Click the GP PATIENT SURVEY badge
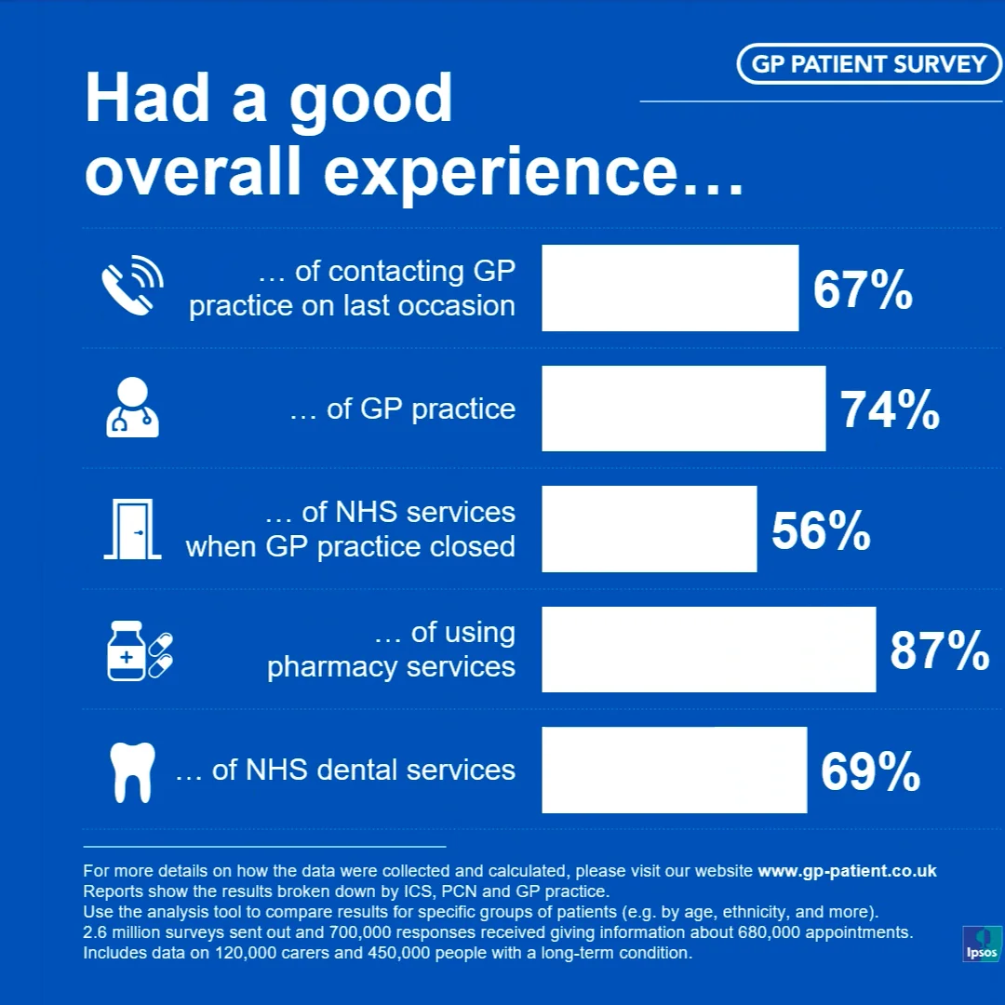pyautogui.click(x=868, y=63)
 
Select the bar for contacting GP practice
pyautogui.click(x=670, y=288)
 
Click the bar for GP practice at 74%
pyautogui.click(x=683, y=409)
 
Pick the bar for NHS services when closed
pyautogui.click(x=649, y=529)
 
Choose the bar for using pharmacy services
pyautogui.click(x=708, y=650)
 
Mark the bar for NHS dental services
pyautogui.click(x=674, y=770)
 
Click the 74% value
pyautogui.click(x=890, y=409)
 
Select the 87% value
pyautogui.click(x=940, y=650)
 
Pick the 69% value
pyautogui.click(x=870, y=771)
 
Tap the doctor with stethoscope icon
pyautogui.click(x=132, y=407)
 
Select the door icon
pyautogui.click(x=132, y=529)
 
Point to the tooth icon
pyautogui.click(x=130, y=771)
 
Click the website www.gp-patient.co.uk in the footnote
pyautogui.click(x=847, y=871)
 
